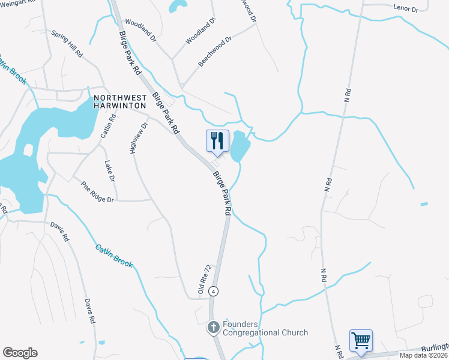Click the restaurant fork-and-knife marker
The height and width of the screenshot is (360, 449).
[x=217, y=141]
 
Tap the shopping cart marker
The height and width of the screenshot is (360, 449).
[x=361, y=340]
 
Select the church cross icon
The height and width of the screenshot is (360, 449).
[x=213, y=328]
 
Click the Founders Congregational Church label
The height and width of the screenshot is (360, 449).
[x=265, y=328]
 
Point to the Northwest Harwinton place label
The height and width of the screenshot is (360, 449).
[x=120, y=101]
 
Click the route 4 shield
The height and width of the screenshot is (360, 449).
[x=213, y=291]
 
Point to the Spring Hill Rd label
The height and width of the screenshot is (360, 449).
[x=67, y=44]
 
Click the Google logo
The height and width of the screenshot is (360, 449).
[x=20, y=353]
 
